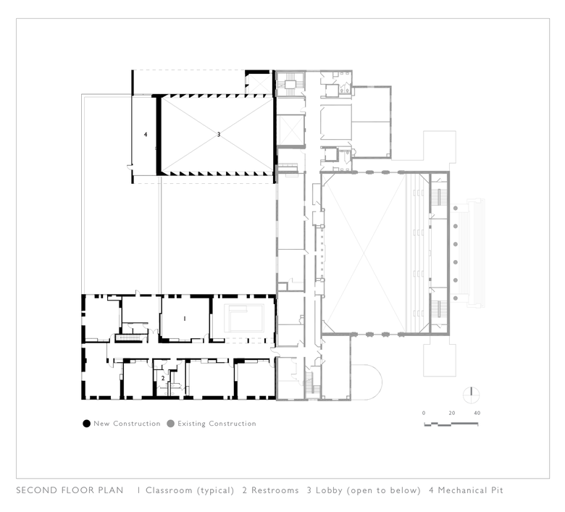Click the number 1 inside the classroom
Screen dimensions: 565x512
tap(185, 319)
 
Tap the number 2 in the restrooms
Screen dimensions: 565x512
tap(163, 378)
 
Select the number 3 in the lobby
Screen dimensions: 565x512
tap(218, 135)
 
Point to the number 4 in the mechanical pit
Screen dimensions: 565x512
tap(146, 135)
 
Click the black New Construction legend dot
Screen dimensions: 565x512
tap(86, 424)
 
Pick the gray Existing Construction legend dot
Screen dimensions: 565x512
tap(171, 424)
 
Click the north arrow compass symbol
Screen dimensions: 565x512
tap(472, 395)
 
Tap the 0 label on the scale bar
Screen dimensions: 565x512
tap(424, 414)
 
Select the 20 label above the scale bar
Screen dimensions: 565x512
tap(452, 414)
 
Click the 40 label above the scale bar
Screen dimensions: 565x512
tap(477, 414)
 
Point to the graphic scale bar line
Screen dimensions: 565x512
tap(451, 424)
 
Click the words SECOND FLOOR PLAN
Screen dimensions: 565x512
tap(70, 490)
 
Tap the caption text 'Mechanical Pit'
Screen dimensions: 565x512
tap(470, 490)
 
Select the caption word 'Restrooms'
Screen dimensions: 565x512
tap(275, 490)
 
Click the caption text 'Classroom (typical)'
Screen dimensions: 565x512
tap(190, 491)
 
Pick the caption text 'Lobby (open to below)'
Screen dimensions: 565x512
tap(368, 491)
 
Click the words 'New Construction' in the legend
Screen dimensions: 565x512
tap(127, 424)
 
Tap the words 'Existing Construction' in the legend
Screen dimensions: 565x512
tap(217, 424)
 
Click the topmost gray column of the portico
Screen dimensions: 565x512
tap(456, 209)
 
